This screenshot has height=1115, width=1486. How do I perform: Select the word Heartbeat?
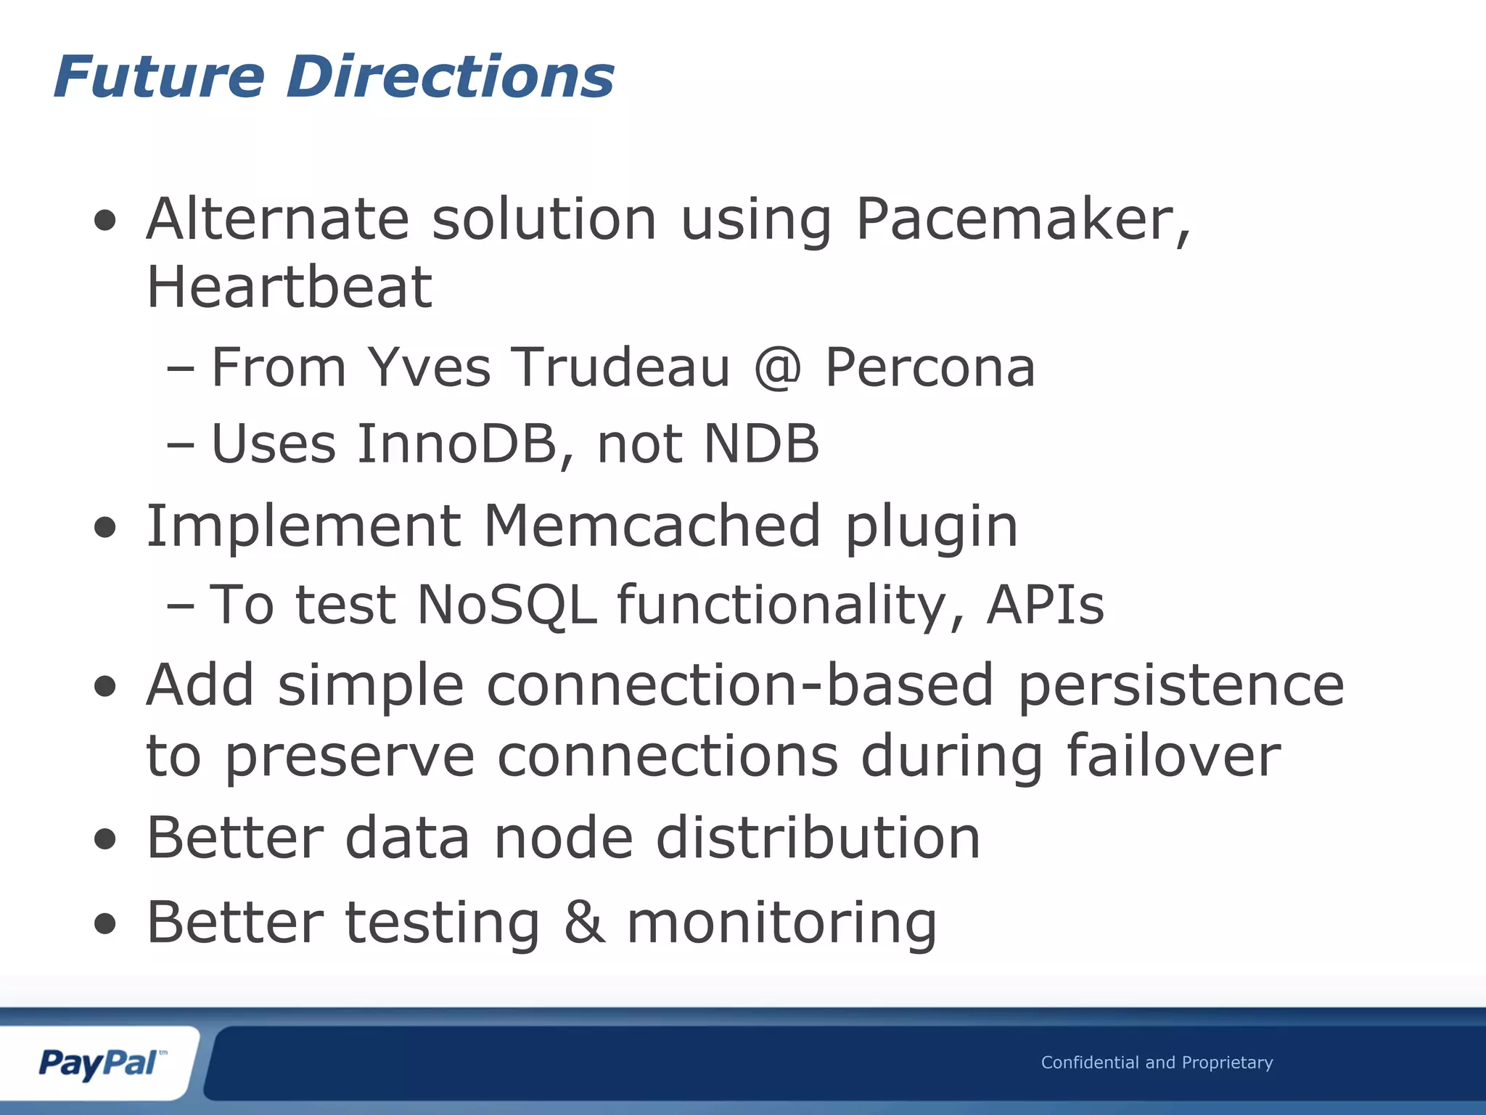point(290,287)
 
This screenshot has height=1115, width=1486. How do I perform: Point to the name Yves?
point(429,367)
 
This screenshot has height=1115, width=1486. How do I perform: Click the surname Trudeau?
point(621,367)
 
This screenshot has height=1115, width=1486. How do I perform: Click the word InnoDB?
point(456,444)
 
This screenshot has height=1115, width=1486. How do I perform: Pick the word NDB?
point(761,444)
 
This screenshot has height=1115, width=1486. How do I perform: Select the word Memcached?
point(652,526)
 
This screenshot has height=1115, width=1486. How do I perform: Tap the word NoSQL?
point(506,604)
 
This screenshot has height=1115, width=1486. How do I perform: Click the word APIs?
point(1045,604)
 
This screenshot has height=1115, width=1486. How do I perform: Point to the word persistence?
point(1181,685)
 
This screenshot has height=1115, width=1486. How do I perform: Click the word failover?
point(1173,756)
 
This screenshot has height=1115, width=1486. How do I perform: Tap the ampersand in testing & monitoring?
point(584,923)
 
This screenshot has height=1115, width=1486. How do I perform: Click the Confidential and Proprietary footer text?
point(1157,1063)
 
